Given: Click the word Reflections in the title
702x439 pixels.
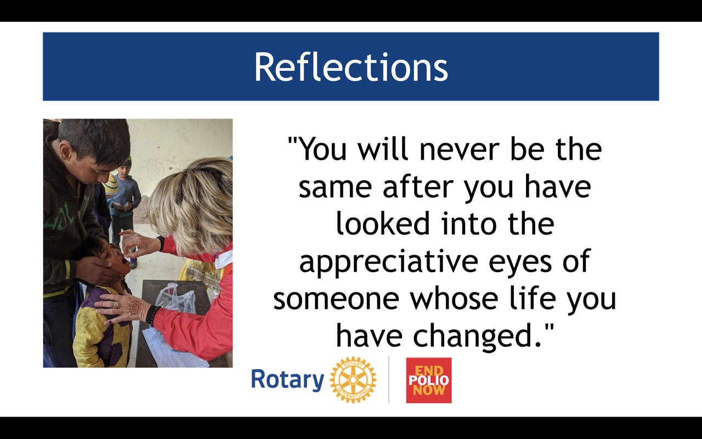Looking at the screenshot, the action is (x=351, y=66).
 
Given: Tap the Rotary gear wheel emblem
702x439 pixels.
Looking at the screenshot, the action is (x=353, y=380).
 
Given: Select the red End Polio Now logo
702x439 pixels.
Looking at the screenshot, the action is (x=429, y=380).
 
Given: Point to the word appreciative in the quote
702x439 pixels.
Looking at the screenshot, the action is (x=388, y=262).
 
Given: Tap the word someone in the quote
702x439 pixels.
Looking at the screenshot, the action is (x=336, y=299).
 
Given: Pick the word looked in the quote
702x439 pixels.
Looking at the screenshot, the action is (x=382, y=223).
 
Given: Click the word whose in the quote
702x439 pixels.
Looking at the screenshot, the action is (x=454, y=299).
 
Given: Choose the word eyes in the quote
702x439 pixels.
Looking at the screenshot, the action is (x=520, y=263).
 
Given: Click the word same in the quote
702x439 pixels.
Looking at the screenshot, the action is (x=335, y=188).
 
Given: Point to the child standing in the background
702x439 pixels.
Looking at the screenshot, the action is (x=124, y=203).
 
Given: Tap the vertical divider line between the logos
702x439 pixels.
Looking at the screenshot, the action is (x=389, y=380).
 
